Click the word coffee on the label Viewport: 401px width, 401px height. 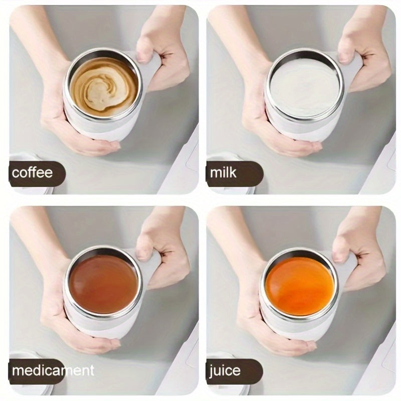coord(32,172)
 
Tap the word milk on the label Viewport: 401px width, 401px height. coord(223,172)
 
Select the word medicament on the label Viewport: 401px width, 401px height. coord(53,370)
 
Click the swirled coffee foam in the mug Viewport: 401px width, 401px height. coord(104,88)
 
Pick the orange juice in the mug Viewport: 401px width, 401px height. coord(300,286)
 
